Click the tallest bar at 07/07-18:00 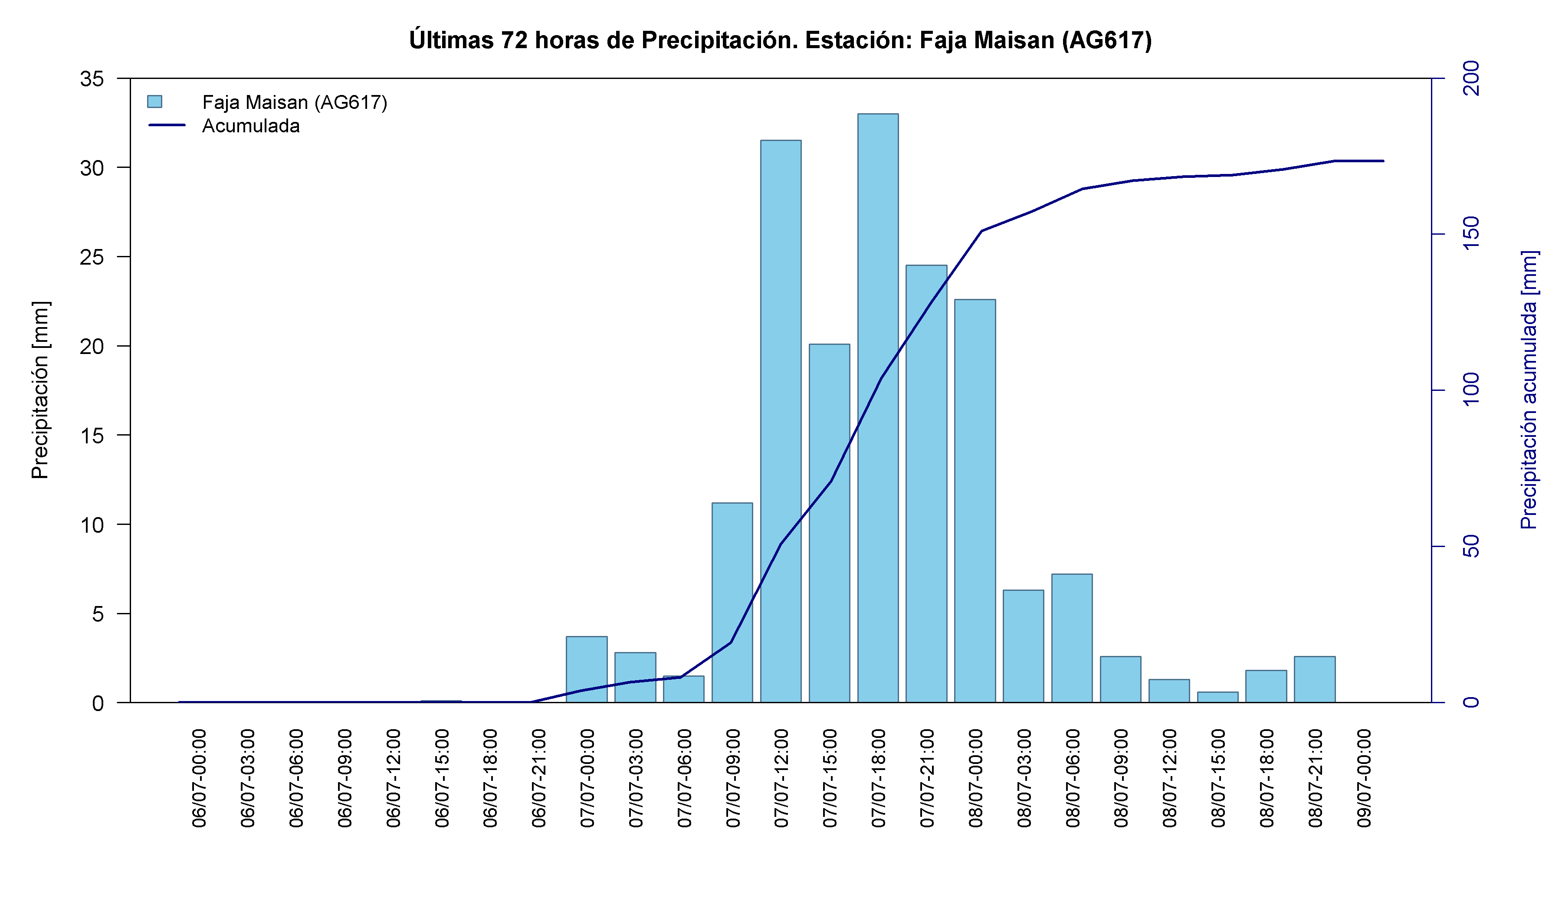[x=878, y=408]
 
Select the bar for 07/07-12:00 [x=781, y=421]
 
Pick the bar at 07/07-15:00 [x=829, y=523]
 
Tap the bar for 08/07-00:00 [x=975, y=501]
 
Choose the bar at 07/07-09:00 [x=732, y=603]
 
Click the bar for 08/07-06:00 [x=1072, y=638]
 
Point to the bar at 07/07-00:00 [x=586, y=669]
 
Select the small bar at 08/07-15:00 [x=1217, y=697]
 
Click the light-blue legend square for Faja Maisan [x=154, y=101]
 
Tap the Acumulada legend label [x=251, y=126]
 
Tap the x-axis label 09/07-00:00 [x=1364, y=778]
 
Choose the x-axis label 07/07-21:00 [x=927, y=778]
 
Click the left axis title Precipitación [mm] [x=39, y=390]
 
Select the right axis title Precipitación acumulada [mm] [x=1529, y=390]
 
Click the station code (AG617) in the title [x=1106, y=40]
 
